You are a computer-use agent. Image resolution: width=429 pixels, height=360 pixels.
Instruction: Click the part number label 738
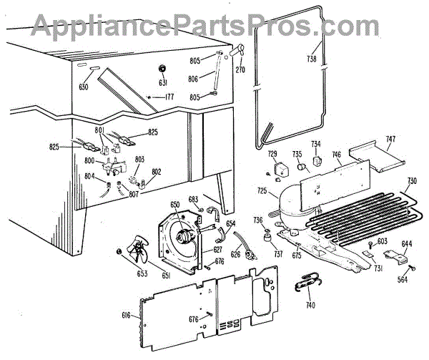[312, 59]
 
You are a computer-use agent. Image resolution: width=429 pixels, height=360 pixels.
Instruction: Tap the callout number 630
[84, 87]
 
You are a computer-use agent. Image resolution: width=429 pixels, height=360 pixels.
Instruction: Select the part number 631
[162, 81]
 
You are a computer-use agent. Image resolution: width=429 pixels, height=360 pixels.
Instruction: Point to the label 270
[240, 70]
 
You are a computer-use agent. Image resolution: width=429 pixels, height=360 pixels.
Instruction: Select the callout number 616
[127, 316]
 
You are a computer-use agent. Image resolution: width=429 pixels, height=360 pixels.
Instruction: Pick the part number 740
[309, 306]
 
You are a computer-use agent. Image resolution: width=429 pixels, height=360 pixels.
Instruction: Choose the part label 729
[272, 155]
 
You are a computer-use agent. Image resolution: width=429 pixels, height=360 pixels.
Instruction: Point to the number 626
[235, 255]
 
